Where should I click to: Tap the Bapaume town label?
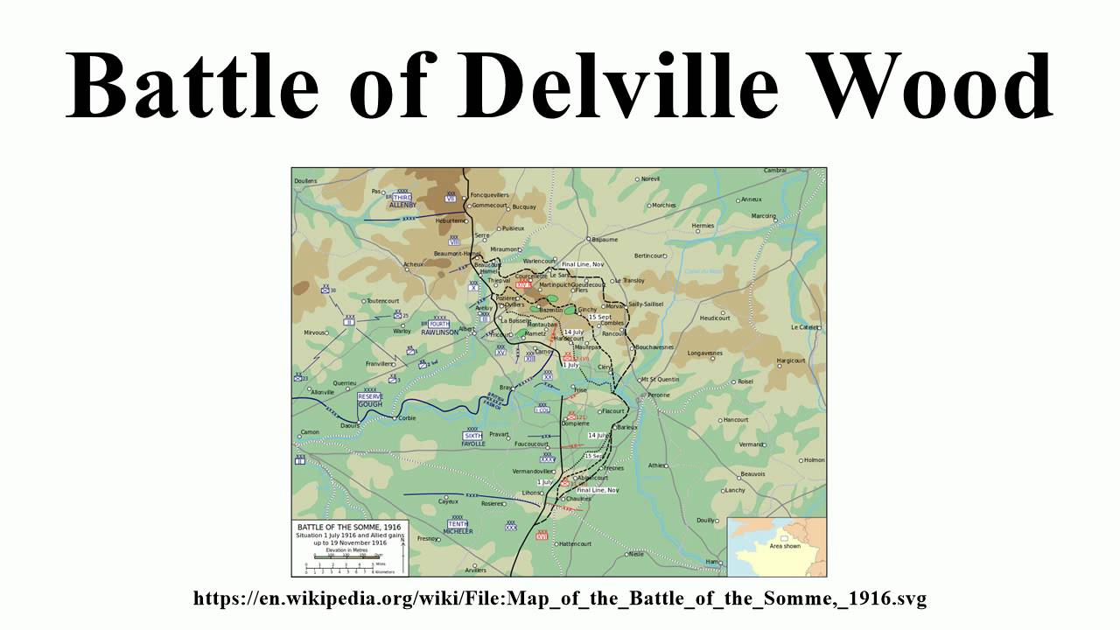[x=605, y=239]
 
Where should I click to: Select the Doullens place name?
[x=305, y=181]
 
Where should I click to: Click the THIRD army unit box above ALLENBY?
[x=402, y=198]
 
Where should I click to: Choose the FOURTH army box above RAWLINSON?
[x=438, y=324]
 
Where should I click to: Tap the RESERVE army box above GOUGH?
[x=370, y=396]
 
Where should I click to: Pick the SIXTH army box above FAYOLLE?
[x=472, y=436]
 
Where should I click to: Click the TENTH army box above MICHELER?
[x=458, y=523]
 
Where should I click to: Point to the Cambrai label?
[x=774, y=170]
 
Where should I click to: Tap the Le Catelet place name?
[x=804, y=326]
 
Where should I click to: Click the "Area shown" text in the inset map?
[x=784, y=545]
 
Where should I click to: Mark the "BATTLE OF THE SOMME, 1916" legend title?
[x=349, y=528]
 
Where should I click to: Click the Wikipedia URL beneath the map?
[x=560, y=598]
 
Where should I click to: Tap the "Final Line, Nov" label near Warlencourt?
[x=583, y=263]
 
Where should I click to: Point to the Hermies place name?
[x=703, y=226]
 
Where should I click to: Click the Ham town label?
[x=711, y=561]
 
